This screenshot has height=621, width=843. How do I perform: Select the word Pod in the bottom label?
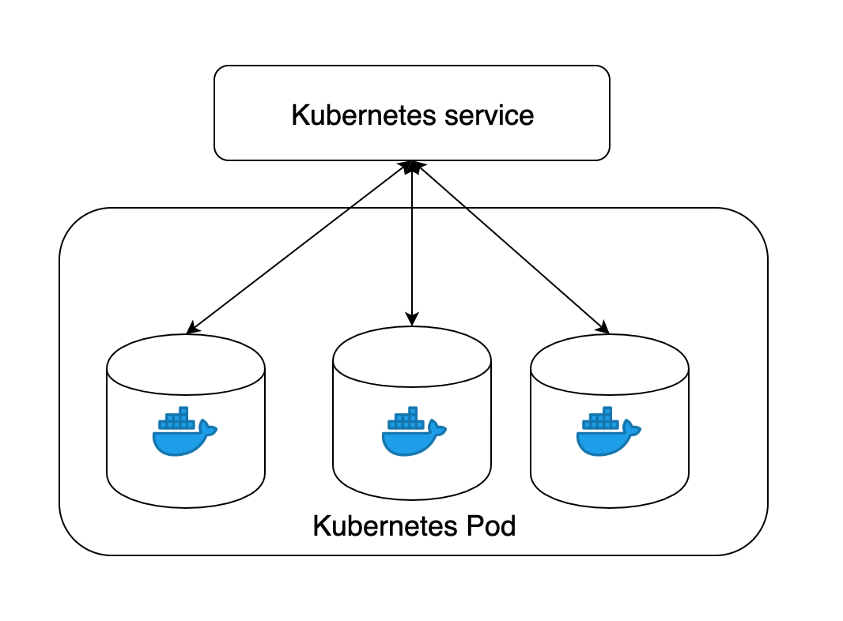coord(491,526)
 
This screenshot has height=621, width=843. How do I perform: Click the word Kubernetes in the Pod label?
coord(385,526)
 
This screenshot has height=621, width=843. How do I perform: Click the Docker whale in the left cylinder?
coord(184,431)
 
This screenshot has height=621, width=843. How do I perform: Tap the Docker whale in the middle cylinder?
coord(414,431)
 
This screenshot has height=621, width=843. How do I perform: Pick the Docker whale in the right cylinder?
coord(609,431)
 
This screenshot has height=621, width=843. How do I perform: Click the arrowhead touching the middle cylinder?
coord(412,319)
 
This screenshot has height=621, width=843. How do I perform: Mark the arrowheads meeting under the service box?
coord(412,167)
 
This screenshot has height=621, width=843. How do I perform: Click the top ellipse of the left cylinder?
coord(186,364)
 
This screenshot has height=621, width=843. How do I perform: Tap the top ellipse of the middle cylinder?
coord(412,356)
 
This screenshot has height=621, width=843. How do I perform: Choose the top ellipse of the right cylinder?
coord(610,364)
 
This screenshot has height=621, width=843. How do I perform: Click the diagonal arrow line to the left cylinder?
coord(299,247)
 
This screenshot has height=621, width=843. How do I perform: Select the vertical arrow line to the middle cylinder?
coord(412,243)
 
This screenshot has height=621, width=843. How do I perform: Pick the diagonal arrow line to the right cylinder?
coord(511,247)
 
